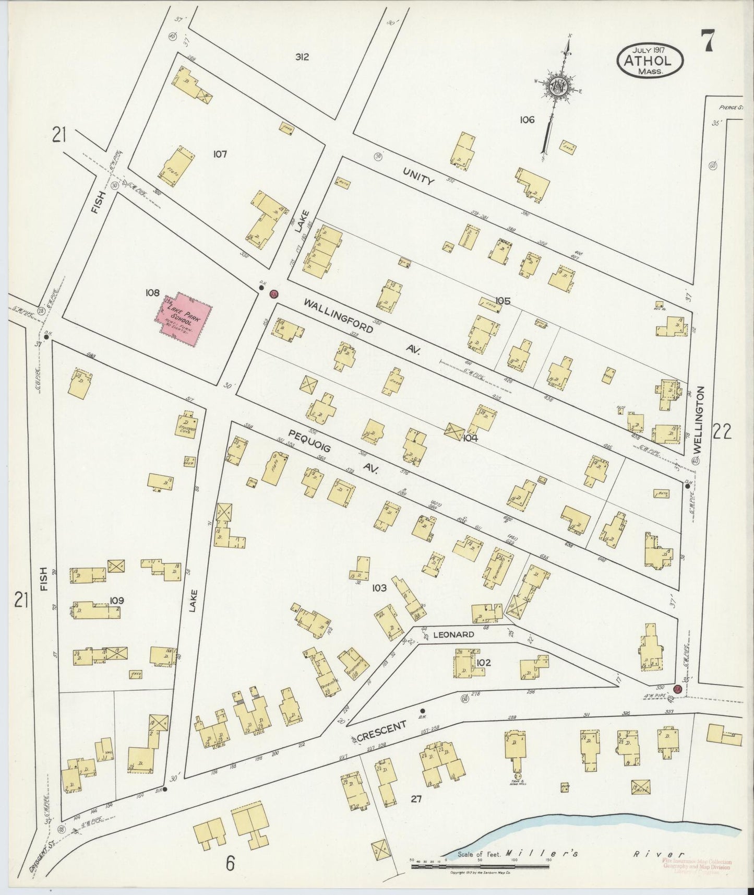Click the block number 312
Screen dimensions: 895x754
click(302, 57)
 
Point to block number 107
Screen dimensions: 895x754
click(220, 154)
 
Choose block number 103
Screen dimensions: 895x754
click(379, 588)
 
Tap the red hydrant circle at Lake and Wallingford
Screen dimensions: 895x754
click(273, 294)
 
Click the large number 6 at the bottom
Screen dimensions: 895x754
click(230, 864)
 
